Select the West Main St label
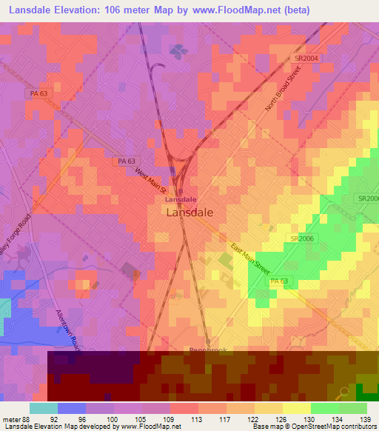coord(150,181)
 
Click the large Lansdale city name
coord(190,212)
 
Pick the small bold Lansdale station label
coord(180,200)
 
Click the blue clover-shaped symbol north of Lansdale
coord(178,51)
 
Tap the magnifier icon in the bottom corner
coord(343,393)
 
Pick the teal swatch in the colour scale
coord(44,408)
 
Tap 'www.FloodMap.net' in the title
coord(240,10)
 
